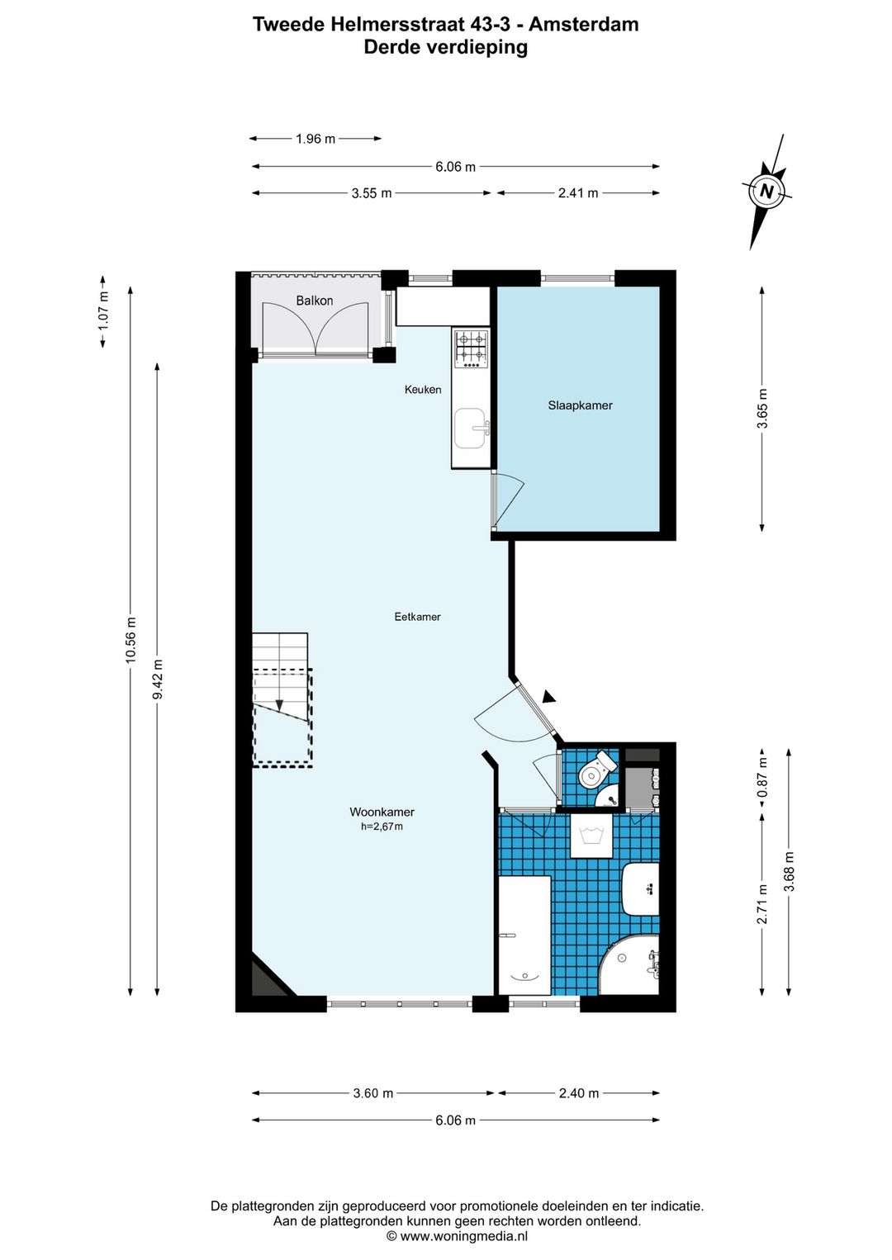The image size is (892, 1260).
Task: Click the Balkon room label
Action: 315,301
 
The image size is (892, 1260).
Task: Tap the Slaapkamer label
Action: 581,405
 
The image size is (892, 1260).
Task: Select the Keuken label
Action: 423,389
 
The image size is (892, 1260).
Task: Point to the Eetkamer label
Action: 417,617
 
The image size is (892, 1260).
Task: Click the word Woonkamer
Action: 382,812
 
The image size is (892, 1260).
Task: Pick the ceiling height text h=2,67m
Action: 382,827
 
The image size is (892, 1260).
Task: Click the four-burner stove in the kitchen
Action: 471,348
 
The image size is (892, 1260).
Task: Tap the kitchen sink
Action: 472,429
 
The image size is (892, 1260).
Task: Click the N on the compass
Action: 766,192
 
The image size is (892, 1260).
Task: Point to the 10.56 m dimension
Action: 130,640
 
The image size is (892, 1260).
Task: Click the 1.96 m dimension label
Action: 316,139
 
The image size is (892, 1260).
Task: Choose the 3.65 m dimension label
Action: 762,409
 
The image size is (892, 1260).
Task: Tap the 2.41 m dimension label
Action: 578,193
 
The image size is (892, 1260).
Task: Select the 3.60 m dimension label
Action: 373,1093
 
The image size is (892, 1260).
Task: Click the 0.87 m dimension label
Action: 762,777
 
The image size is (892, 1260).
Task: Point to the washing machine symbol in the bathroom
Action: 591,836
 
